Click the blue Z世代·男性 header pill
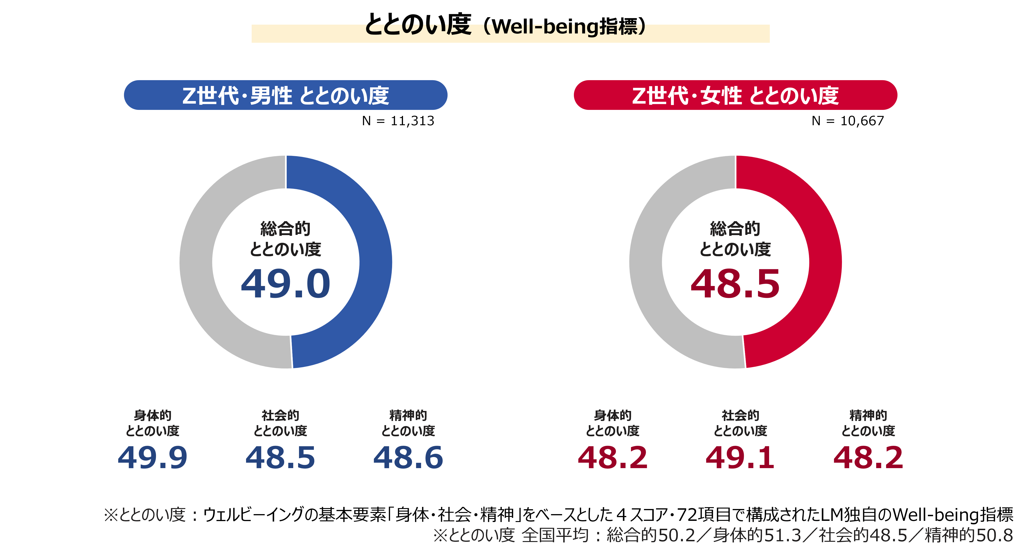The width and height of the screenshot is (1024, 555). [285, 95]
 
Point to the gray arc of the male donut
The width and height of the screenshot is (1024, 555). [197, 263]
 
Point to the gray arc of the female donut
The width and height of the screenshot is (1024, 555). [646, 263]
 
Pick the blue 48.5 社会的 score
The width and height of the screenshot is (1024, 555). [280, 457]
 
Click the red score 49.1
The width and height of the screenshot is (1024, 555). [740, 457]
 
